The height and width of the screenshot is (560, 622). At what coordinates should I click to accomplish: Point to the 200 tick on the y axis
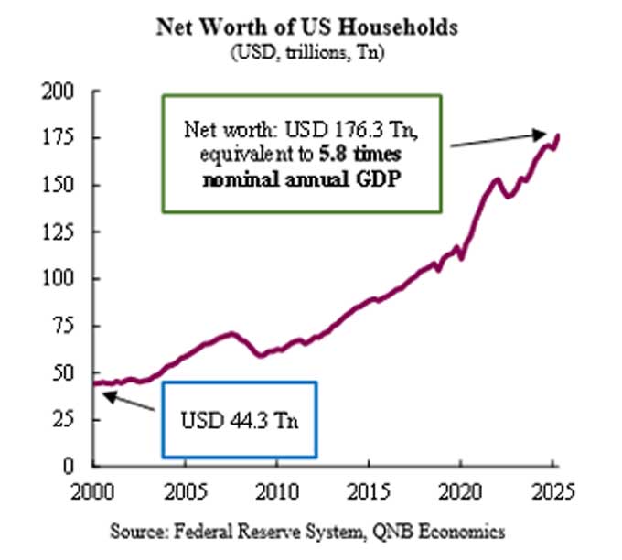tap(67, 92)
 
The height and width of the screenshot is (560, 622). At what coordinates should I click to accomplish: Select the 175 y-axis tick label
tap(67, 138)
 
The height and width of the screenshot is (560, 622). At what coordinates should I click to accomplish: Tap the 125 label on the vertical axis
tap(67, 232)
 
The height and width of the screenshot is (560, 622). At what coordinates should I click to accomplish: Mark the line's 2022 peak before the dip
tap(497, 178)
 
